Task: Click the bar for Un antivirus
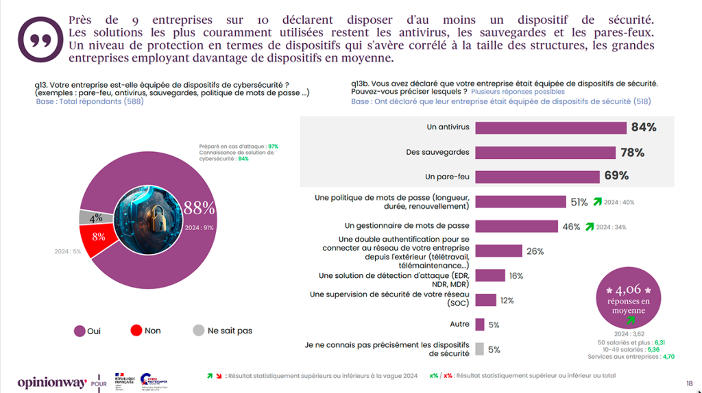pyautogui.click(x=550, y=128)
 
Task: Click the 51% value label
pyautogui.click(x=579, y=202)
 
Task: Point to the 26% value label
pyautogui.click(x=535, y=251)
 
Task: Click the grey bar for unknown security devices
pyautogui.click(x=479, y=348)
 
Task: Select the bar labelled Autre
pyautogui.click(x=480, y=325)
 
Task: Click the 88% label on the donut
pyautogui.click(x=199, y=207)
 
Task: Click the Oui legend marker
pyautogui.click(x=80, y=331)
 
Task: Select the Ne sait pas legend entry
pyautogui.click(x=222, y=331)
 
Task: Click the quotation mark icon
pyautogui.click(x=40, y=38)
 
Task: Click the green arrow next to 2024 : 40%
pyautogui.click(x=597, y=202)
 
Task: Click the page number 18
pyautogui.click(x=689, y=383)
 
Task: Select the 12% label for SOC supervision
pyautogui.click(x=507, y=301)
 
